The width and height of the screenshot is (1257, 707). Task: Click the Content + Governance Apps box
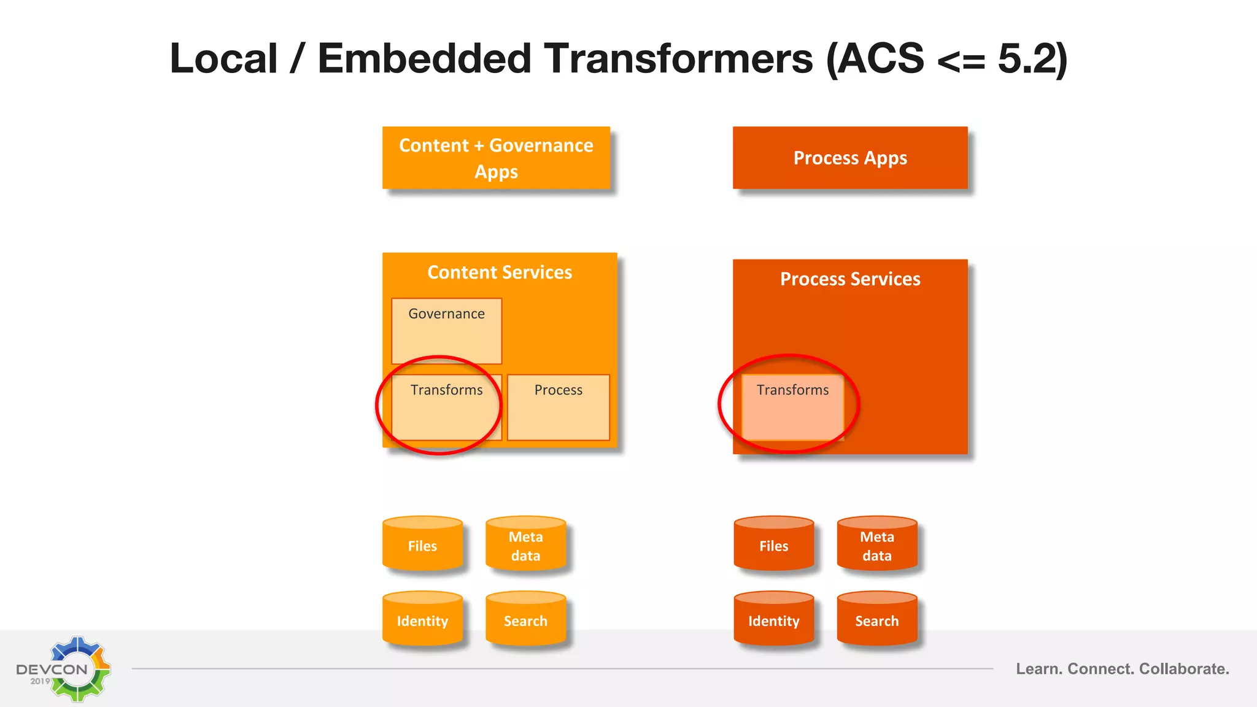pos(496,158)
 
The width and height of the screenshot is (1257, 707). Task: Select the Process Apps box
pos(849,158)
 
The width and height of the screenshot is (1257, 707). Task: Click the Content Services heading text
pos(499,272)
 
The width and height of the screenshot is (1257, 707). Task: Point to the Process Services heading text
pos(849,279)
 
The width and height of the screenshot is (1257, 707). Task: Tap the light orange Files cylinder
pos(422,545)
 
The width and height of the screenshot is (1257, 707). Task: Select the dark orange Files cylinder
pos(773,545)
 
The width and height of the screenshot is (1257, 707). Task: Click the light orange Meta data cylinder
pos(525,545)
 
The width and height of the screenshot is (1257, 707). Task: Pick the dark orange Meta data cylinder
pos(876,545)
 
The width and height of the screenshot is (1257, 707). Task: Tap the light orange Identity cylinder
pos(422,620)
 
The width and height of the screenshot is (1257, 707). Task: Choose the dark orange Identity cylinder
pos(773,620)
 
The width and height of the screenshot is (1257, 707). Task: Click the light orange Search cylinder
pos(525,620)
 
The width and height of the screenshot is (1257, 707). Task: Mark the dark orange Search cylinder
pos(876,620)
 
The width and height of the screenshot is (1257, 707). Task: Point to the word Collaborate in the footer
pos(1183,669)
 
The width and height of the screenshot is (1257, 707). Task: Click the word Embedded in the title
pos(424,59)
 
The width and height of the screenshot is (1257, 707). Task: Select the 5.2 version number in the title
pos(1024,59)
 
